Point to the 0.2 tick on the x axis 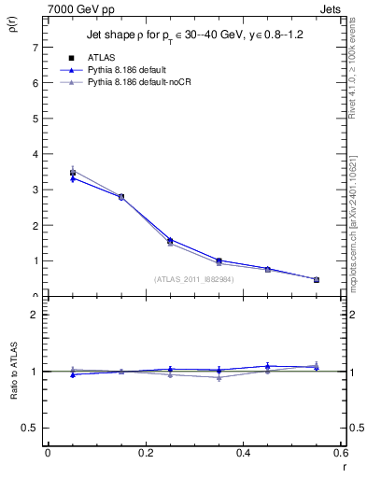(x=145, y=453)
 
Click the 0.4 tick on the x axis (x=243, y=453)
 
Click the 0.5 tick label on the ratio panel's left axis (x=30, y=428)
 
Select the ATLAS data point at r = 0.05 (x=73, y=173)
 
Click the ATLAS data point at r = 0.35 (x=219, y=261)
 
